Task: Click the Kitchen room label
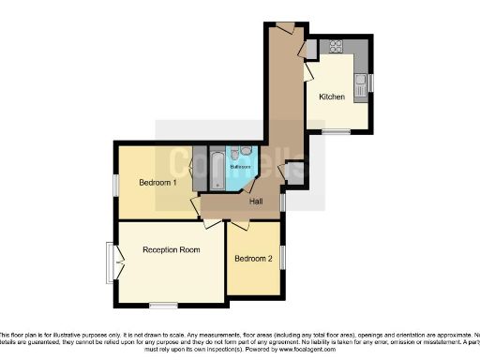[333, 97]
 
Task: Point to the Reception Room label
[172, 249]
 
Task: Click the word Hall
[255, 202]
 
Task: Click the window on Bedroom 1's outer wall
[116, 186]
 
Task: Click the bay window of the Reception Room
[112, 256]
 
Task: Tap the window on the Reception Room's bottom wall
[164, 305]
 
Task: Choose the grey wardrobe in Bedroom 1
[199, 169]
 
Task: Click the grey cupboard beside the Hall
[295, 172]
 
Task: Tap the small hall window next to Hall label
[283, 201]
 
